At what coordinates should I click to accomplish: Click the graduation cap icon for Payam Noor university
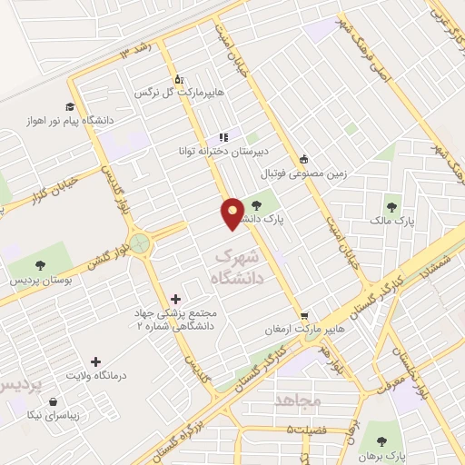69,107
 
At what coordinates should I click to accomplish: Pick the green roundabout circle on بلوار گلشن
140,242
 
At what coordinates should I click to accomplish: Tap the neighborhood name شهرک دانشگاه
239,269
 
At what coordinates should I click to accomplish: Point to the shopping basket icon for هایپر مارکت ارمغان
304,315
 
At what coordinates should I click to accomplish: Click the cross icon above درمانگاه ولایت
95,361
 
